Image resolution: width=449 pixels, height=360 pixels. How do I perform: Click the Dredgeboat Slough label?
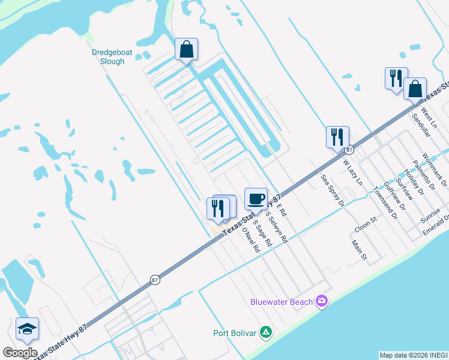[108, 56]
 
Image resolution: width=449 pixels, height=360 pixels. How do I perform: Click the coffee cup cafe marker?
[256, 198]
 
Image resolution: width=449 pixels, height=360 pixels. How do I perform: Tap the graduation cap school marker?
[27, 328]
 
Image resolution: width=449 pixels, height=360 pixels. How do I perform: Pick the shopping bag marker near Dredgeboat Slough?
[186, 49]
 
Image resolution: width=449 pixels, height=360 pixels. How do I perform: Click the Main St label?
[359, 250]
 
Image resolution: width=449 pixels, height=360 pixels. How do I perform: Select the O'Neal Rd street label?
[250, 239]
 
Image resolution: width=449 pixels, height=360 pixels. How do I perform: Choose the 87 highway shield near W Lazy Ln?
[349, 149]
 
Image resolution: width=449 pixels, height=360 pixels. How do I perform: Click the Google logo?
[20, 353]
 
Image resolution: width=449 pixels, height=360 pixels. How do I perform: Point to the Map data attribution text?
[413, 355]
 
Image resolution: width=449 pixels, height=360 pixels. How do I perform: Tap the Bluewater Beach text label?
[285, 302]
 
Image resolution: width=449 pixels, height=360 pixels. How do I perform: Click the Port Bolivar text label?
[235, 333]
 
